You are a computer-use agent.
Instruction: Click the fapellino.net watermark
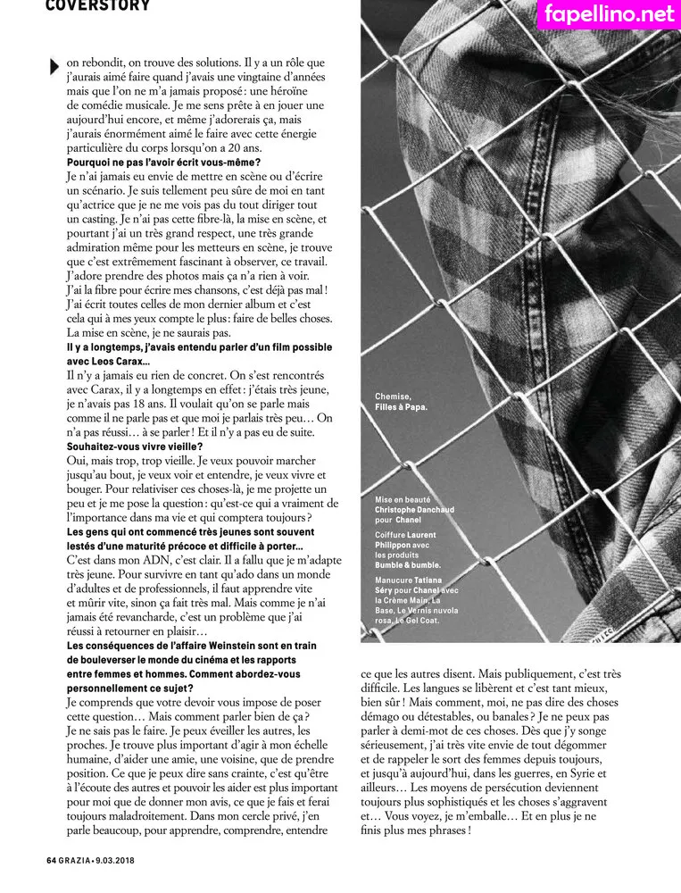point(609,13)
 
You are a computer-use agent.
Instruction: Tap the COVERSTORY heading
point(98,5)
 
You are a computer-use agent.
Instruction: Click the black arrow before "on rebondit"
point(54,65)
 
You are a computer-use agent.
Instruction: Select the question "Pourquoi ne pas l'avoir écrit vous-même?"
point(163,162)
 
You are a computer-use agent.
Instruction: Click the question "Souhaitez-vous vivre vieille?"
point(135,446)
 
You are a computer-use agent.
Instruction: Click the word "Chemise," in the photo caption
point(393,396)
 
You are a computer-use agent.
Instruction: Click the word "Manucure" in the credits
point(395,581)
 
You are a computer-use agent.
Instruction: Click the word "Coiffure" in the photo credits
point(394,535)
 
